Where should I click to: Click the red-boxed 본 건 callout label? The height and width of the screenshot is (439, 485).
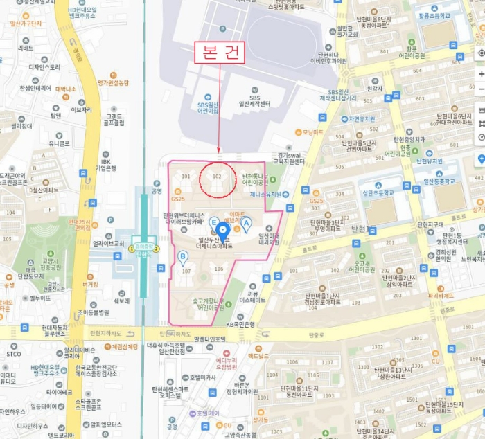pyautogui.click(x=218, y=53)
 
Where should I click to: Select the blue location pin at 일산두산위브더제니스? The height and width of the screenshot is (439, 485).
pyautogui.click(x=222, y=231)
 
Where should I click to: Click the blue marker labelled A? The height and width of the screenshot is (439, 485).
pyautogui.click(x=245, y=223)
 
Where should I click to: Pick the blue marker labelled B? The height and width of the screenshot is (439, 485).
pyautogui.click(x=183, y=258)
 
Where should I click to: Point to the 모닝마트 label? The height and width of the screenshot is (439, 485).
pyautogui.click(x=312, y=132)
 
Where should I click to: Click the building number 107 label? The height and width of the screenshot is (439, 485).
pyautogui.click(x=185, y=271)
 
